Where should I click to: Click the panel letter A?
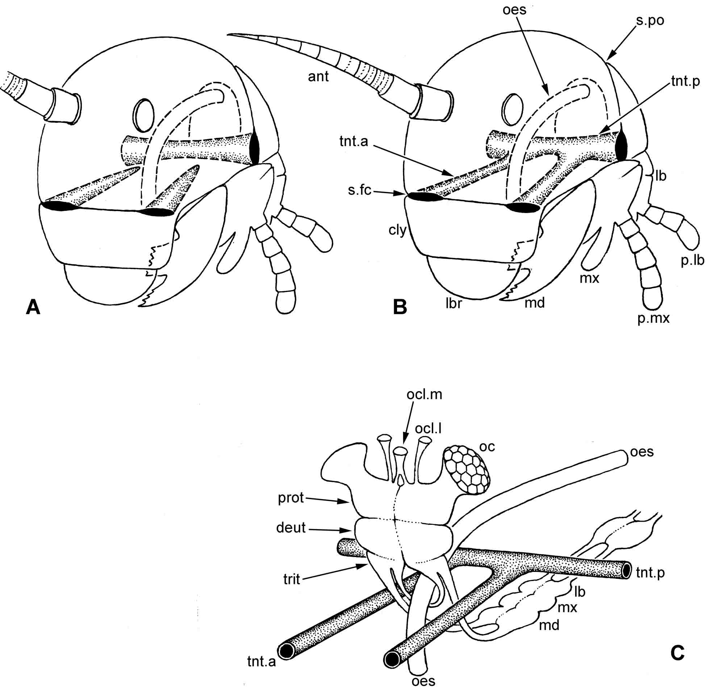[x=33, y=307]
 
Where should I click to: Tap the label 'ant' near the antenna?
[x=318, y=76]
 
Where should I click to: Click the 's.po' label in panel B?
[x=650, y=21]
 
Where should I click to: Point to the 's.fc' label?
[x=359, y=190]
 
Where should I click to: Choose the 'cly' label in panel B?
[x=397, y=230]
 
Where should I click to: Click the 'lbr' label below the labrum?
[x=454, y=303]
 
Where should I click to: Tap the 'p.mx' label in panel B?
[x=653, y=318]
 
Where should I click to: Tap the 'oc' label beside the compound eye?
[x=487, y=446]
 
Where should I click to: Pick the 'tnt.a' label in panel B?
[x=354, y=142]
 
